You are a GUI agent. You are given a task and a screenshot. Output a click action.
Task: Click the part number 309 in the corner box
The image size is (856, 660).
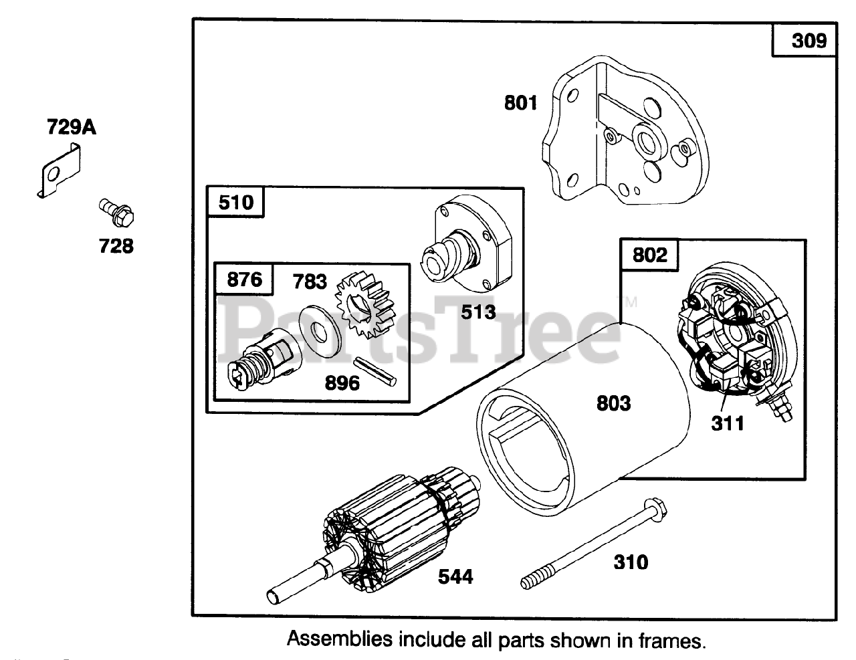tap(809, 41)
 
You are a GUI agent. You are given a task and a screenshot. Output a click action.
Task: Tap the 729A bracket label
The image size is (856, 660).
tap(71, 127)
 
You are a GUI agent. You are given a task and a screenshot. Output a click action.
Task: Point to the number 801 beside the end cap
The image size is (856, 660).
tap(521, 103)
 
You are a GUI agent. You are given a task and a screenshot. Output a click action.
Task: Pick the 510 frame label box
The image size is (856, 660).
tap(236, 202)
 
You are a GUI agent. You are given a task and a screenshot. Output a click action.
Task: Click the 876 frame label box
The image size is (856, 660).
tap(244, 279)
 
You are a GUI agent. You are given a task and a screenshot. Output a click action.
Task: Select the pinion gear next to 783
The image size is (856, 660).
tap(356, 310)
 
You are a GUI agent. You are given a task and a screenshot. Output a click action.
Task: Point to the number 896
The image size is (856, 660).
tap(342, 382)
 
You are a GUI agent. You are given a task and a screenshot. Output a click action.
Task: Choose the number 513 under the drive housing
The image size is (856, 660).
tap(478, 312)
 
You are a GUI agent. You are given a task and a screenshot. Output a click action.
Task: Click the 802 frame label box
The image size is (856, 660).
tap(649, 255)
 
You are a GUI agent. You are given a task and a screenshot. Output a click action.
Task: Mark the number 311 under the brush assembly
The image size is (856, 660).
tap(727, 423)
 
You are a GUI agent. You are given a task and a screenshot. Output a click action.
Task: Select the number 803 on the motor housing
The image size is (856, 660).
tap(613, 403)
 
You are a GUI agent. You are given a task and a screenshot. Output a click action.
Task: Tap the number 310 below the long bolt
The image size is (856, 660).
tap(631, 562)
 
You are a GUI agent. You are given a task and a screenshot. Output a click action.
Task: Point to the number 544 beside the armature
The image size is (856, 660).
tap(455, 576)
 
